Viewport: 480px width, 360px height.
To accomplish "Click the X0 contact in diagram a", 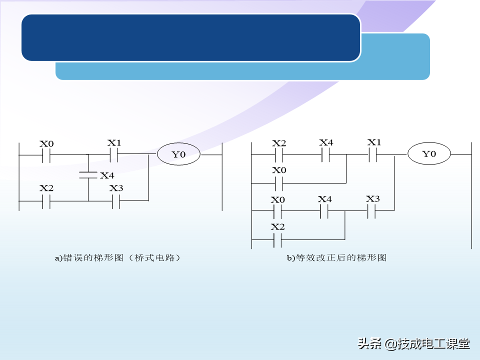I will click(x=46, y=155).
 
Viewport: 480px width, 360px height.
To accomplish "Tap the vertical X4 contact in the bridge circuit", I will click(x=88, y=175).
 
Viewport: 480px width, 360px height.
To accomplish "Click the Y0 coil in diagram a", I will click(x=178, y=154).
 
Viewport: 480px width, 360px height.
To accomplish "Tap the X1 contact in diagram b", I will click(x=372, y=154).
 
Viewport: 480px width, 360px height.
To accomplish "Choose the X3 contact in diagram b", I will click(x=371, y=211).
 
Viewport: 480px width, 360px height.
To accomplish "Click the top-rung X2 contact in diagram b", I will click(x=278, y=154).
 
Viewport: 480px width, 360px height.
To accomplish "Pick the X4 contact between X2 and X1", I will click(x=324, y=154).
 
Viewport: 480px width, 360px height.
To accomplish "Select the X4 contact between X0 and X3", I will click(x=324, y=211).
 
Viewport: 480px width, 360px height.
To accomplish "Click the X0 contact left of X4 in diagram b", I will click(x=278, y=211).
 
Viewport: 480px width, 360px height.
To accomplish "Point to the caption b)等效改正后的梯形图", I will click(x=336, y=258).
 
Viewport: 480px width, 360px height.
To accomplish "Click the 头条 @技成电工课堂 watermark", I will click(x=413, y=344).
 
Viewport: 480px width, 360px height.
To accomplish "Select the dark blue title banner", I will click(x=190, y=37).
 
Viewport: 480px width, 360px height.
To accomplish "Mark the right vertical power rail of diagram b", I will click(x=471, y=195).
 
